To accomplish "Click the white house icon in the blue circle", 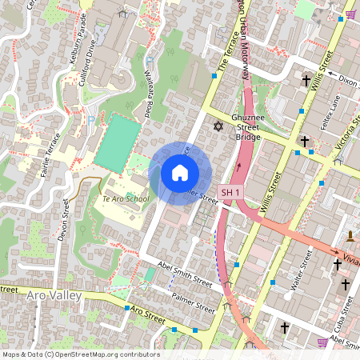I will click(x=180, y=173).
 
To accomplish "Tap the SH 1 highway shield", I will click(x=230, y=193).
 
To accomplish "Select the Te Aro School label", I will click(x=125, y=198).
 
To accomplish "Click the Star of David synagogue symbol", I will click(x=217, y=126).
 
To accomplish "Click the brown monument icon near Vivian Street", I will click(x=350, y=236).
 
